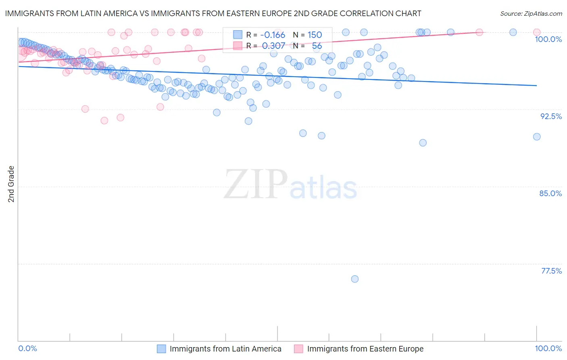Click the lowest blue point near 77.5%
pyautogui.click(x=355, y=279)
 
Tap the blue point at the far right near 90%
pyautogui.click(x=537, y=137)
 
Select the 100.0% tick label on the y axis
pyautogui.click(x=548, y=39)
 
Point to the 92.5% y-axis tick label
pyautogui.click(x=551, y=116)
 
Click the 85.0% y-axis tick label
pyautogui.click(x=550, y=193)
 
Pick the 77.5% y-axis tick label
pyautogui.click(x=551, y=271)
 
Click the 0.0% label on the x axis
pyautogui.click(x=28, y=349)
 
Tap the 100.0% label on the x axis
pyautogui.click(x=548, y=349)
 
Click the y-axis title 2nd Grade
pyautogui.click(x=11, y=184)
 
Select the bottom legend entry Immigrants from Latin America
pyautogui.click(x=225, y=349)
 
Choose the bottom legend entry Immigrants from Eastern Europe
pyautogui.click(x=365, y=349)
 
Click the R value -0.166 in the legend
pyautogui.click(x=273, y=35)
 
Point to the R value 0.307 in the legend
pyautogui.click(x=273, y=46)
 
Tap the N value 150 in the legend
pyautogui.click(x=315, y=35)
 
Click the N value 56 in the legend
pyautogui.click(x=317, y=46)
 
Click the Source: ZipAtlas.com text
pyautogui.click(x=531, y=14)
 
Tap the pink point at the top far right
pyautogui.click(x=537, y=32)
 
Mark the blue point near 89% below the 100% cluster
pyautogui.click(x=423, y=143)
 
